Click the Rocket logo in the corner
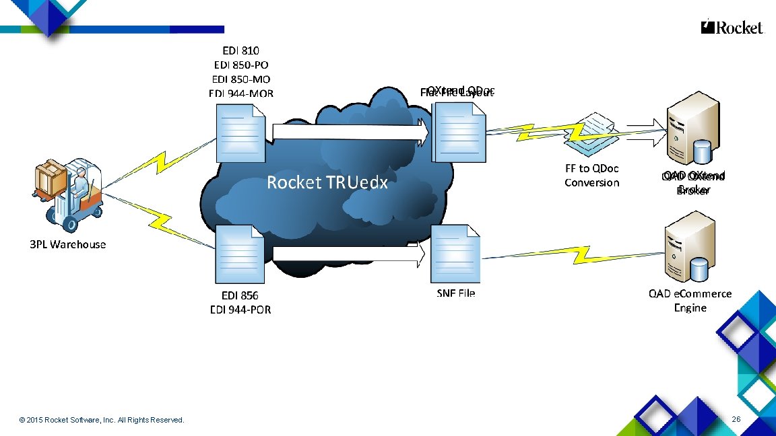[x=732, y=28]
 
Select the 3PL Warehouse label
[x=68, y=244]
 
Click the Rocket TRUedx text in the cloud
[x=327, y=182]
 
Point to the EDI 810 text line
[x=241, y=50]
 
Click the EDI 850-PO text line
[x=241, y=65]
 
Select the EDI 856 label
[x=240, y=295]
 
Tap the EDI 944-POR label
[x=240, y=310]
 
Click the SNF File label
[x=456, y=293]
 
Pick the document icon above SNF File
[x=456, y=255]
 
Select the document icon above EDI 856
[x=240, y=255]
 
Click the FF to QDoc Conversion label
[x=591, y=176]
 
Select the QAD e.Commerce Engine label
[x=690, y=301]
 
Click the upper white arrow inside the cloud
[x=351, y=132]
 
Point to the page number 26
[x=736, y=420]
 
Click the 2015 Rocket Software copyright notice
[x=102, y=421]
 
